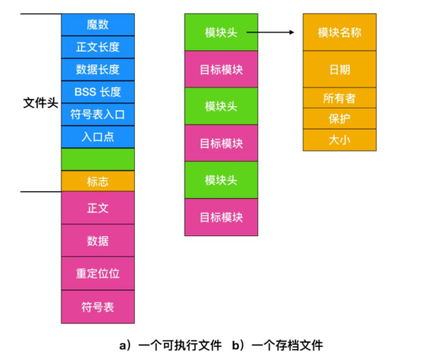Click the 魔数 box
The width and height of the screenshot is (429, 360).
98,25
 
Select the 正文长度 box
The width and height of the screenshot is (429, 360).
98,47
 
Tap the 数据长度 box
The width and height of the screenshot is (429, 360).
98,69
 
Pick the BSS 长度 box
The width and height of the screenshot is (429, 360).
98,91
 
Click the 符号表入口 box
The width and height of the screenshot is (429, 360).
98,114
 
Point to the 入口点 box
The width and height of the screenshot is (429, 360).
98,136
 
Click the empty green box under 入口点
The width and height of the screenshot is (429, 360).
98,159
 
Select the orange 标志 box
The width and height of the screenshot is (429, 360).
98,182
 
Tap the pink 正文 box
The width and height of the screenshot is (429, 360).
98,208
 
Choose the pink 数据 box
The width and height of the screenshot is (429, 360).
98,241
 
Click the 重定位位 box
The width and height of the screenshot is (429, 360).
98,273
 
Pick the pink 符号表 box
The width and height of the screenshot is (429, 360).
98,307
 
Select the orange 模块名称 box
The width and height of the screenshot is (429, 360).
339,32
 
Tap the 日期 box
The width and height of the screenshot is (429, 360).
339,70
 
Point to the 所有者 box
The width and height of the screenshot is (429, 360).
339,98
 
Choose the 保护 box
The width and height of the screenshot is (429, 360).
339,118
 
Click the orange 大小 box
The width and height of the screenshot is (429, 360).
339,140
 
